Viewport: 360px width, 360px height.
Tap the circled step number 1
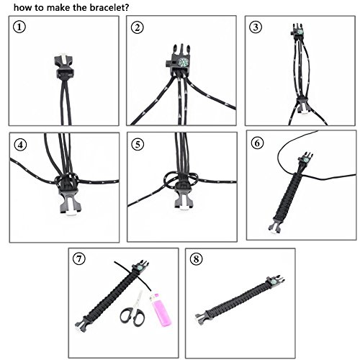19,27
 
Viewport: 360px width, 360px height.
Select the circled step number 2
138,27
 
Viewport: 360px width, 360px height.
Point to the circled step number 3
256,27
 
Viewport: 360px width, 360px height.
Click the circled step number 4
20,145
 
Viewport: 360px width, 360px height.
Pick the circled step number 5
138,145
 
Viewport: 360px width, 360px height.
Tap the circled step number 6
257,143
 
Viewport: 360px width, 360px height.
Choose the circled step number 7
79,259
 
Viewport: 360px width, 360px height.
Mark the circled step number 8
196,259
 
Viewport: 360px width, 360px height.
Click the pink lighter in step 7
160,310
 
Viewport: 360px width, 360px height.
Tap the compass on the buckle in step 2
183,63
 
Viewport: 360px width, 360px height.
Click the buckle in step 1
64,66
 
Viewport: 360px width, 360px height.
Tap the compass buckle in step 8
275,280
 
